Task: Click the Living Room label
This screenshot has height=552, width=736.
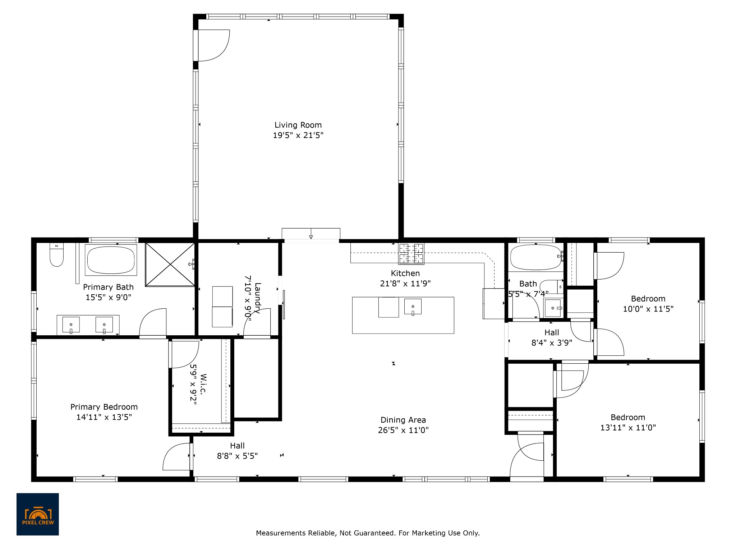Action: [298, 125]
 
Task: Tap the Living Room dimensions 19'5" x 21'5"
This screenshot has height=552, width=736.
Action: [298, 135]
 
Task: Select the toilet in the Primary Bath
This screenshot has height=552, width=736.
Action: [56, 254]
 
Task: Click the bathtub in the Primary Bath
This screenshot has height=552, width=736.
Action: [111, 260]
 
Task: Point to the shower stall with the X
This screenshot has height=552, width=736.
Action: [170, 264]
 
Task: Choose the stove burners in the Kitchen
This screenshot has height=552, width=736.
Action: [411, 253]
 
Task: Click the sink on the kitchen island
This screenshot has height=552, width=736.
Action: [413, 307]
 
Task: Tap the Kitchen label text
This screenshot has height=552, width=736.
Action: [405, 273]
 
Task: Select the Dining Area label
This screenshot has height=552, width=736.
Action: [403, 420]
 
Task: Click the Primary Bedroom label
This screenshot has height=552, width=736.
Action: [104, 407]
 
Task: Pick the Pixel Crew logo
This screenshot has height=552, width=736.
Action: [38, 514]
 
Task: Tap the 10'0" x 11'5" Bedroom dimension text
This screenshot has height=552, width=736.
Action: [648, 309]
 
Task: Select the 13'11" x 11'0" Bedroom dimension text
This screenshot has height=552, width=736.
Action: [628, 428]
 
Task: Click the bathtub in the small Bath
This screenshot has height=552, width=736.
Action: [536, 257]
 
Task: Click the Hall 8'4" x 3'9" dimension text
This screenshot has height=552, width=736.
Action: [552, 343]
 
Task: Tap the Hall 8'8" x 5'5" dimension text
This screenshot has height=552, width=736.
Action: [237, 456]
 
